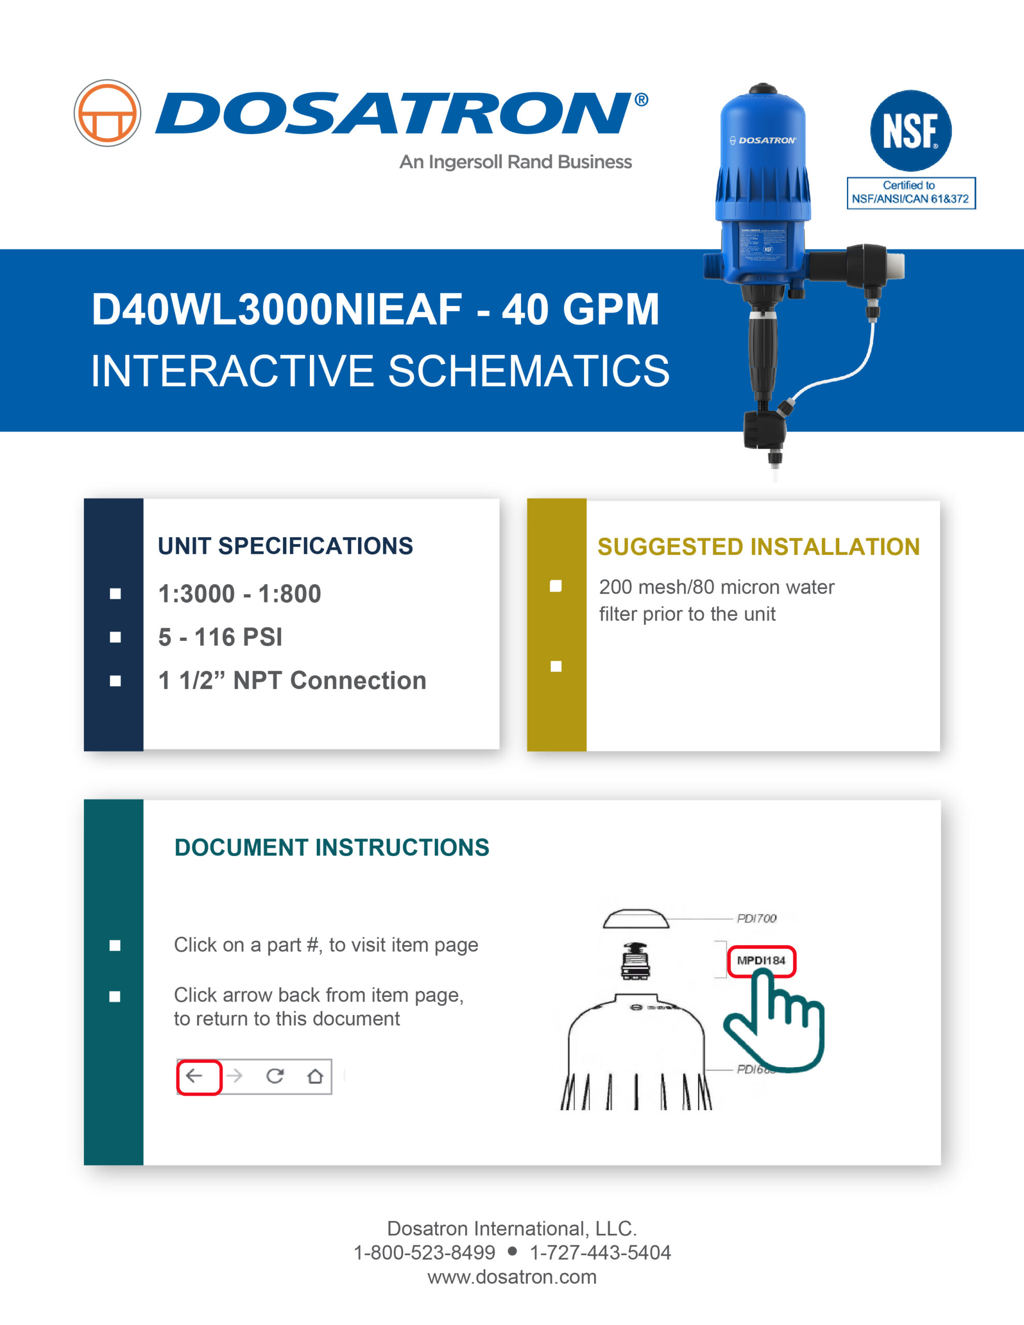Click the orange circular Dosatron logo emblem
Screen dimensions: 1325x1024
(x=108, y=113)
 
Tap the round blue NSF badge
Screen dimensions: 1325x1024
(x=910, y=130)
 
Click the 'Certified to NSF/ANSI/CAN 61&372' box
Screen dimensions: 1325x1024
(x=911, y=193)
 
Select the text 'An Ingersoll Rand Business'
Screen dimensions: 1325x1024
(x=515, y=162)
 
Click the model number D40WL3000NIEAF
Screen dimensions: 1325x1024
(x=277, y=310)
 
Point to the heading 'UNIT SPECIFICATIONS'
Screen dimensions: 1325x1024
(x=285, y=546)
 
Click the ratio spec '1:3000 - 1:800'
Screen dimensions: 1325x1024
(x=240, y=594)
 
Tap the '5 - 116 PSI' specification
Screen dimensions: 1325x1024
(x=220, y=638)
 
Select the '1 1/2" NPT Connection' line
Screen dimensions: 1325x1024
(x=292, y=681)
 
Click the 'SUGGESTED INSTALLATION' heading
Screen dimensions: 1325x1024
(x=758, y=547)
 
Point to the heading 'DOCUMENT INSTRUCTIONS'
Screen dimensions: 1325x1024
(x=331, y=848)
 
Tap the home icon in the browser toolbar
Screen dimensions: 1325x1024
(x=315, y=1076)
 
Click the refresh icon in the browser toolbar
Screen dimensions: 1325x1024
(x=275, y=1076)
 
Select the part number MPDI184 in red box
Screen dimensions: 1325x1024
(x=761, y=961)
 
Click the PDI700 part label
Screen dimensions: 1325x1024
(x=756, y=919)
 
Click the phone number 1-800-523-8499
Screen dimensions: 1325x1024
(x=424, y=1253)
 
